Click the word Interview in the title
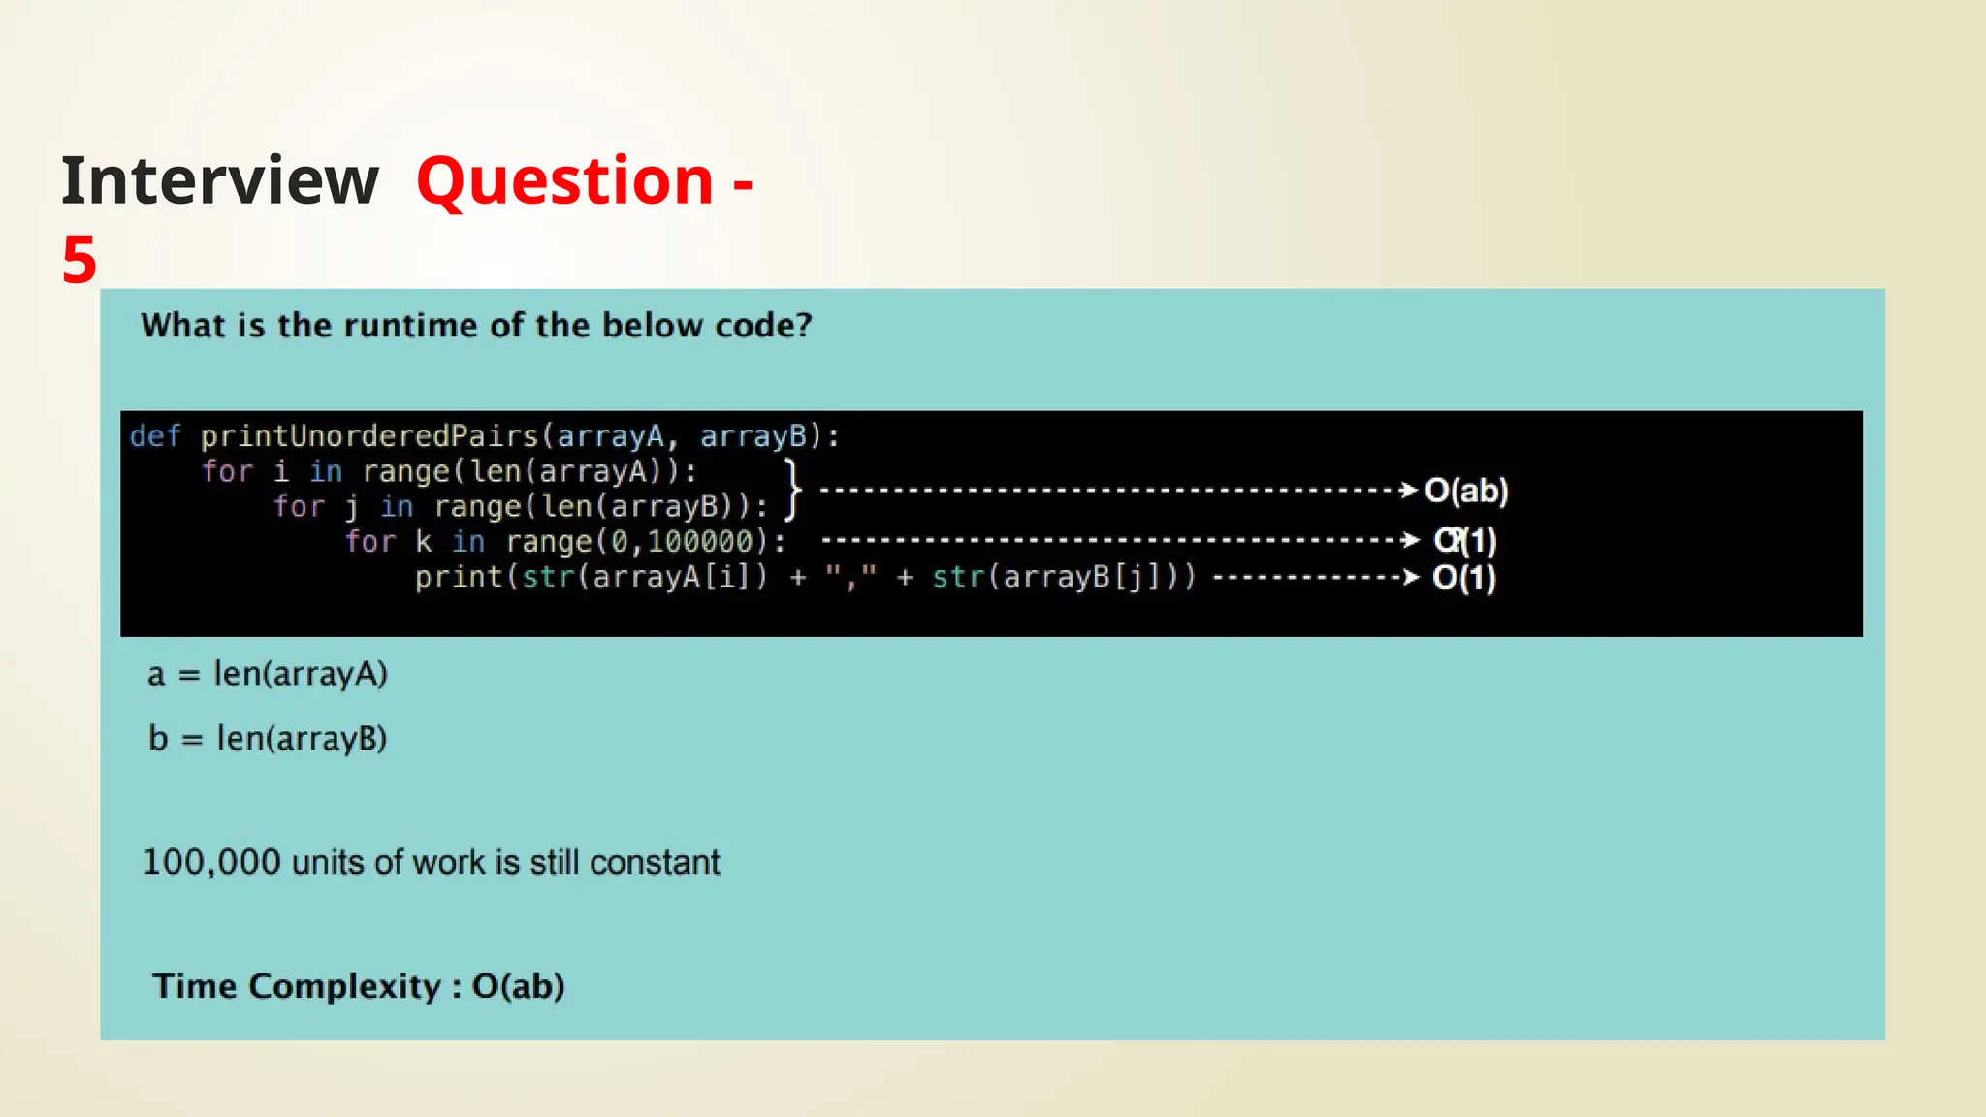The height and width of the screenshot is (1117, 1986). point(220,181)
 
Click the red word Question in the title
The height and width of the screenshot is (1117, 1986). point(565,181)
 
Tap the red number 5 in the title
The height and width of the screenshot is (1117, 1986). point(80,260)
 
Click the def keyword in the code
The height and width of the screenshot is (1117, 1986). point(155,436)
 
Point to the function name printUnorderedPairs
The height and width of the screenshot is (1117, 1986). point(369,436)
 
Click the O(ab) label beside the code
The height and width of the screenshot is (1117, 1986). point(1466,491)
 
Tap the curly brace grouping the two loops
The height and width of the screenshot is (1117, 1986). point(793,490)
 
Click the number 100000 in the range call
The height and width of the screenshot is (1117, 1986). point(700,541)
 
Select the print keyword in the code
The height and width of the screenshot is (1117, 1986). point(459,577)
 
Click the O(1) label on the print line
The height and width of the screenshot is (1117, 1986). point(1464,578)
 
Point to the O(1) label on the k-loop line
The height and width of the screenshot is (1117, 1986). point(1465,540)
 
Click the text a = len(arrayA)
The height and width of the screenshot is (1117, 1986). point(268,673)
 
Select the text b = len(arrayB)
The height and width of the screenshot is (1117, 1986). point(268,738)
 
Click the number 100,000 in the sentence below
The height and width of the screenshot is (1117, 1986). point(211,862)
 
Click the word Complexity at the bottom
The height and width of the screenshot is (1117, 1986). point(344,986)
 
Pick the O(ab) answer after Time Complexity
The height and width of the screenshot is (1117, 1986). point(518,986)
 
